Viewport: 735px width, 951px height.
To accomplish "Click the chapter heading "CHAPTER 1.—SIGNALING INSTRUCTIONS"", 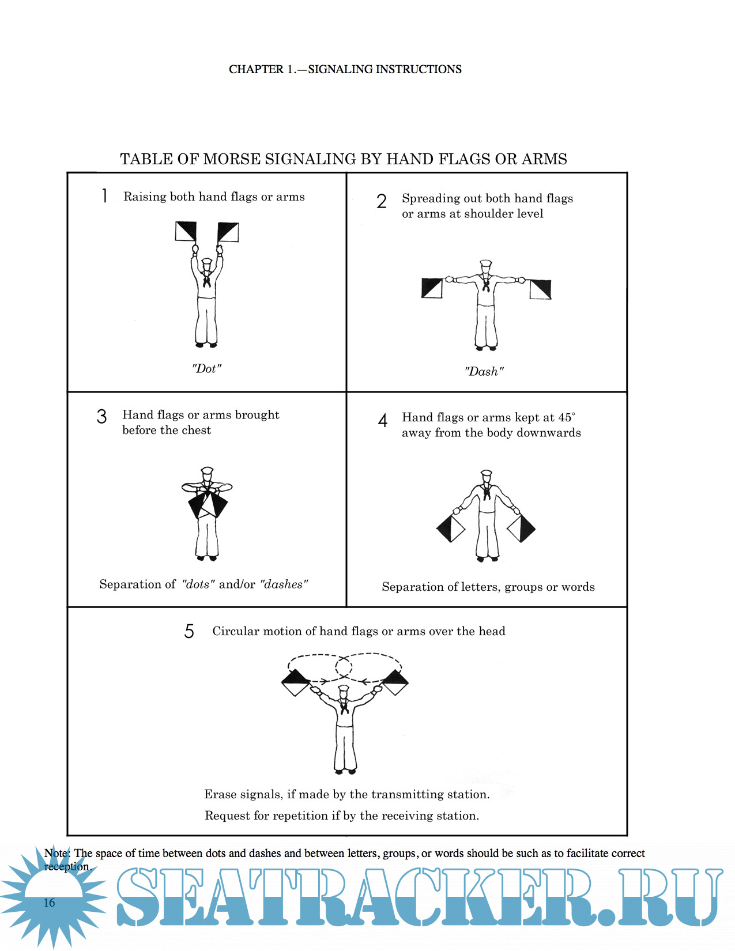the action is tap(345, 69).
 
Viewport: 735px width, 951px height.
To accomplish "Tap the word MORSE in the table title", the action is tap(232, 159).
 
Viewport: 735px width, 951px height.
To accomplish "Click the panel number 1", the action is tap(104, 195).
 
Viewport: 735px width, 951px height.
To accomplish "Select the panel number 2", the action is tap(381, 201).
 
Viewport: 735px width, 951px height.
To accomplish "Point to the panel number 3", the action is tap(101, 416).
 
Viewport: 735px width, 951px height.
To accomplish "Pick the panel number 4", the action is tap(383, 420).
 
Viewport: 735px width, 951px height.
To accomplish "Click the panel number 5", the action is tap(189, 632).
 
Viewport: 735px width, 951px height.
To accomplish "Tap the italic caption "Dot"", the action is tap(206, 368).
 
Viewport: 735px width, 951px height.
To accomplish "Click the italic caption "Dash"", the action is tap(484, 372).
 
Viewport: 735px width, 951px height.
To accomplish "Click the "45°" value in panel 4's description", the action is tap(567, 417).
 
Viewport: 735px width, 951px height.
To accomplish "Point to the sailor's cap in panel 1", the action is tap(206, 262).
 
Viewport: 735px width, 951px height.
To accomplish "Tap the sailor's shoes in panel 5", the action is tap(345, 772).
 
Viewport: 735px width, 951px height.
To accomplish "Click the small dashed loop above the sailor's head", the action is tap(344, 667).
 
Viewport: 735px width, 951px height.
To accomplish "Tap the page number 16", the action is tap(49, 903).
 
